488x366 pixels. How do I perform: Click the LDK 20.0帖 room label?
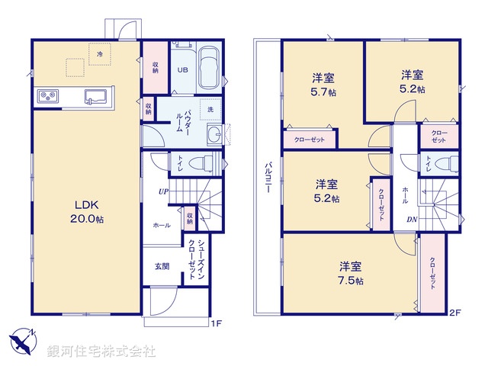[x=84, y=212]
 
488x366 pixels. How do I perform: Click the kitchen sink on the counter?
[x=95, y=96]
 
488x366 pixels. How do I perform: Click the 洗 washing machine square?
[x=207, y=109]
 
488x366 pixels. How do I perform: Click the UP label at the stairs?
[x=163, y=191]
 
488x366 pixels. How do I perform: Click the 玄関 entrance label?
[x=161, y=266]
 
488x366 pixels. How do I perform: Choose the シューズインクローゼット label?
[x=195, y=261]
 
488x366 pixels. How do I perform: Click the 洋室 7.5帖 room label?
[x=350, y=273]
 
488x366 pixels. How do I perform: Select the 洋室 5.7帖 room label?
[x=325, y=83]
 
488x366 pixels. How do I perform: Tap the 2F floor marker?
[x=455, y=312]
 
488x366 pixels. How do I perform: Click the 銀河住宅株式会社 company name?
[x=101, y=352]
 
